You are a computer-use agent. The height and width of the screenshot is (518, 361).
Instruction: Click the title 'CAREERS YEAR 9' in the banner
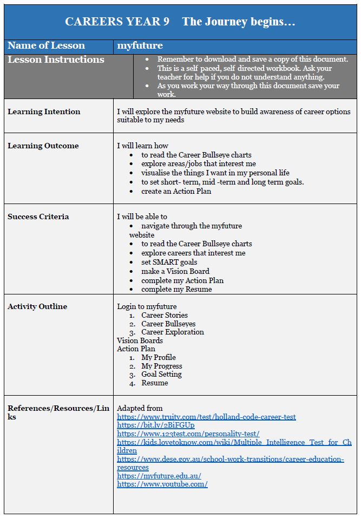click(117, 22)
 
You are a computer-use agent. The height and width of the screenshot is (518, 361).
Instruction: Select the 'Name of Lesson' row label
click(46, 46)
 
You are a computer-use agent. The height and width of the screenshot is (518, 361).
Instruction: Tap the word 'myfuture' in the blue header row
click(140, 46)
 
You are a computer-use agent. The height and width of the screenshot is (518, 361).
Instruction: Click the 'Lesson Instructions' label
click(56, 60)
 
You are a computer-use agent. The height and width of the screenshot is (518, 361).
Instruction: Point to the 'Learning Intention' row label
click(44, 112)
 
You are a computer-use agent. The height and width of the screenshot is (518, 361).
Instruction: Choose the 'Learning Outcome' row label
click(43, 146)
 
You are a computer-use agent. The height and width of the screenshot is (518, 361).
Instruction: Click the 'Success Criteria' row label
click(38, 217)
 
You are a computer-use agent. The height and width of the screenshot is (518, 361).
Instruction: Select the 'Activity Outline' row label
click(37, 306)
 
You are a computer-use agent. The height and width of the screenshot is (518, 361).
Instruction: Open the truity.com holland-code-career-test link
click(206, 417)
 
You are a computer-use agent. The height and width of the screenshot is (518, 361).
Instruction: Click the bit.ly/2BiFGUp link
click(155, 425)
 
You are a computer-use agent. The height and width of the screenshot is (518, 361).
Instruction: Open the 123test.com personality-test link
click(188, 434)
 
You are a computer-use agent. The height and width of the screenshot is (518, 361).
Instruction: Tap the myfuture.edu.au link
click(159, 475)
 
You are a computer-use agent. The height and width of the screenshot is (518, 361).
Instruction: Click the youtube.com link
click(162, 484)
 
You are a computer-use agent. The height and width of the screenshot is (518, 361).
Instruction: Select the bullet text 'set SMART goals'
click(169, 262)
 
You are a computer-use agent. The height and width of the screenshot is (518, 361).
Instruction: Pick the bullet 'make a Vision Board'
click(175, 271)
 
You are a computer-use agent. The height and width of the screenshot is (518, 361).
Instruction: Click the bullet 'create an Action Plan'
click(176, 191)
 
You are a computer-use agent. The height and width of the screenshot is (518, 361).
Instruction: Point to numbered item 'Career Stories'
click(165, 315)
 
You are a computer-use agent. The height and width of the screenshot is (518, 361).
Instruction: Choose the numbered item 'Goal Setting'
click(161, 374)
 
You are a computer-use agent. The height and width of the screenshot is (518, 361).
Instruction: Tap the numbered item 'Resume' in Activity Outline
click(154, 383)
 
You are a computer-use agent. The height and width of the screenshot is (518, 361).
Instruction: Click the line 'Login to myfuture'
click(147, 306)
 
